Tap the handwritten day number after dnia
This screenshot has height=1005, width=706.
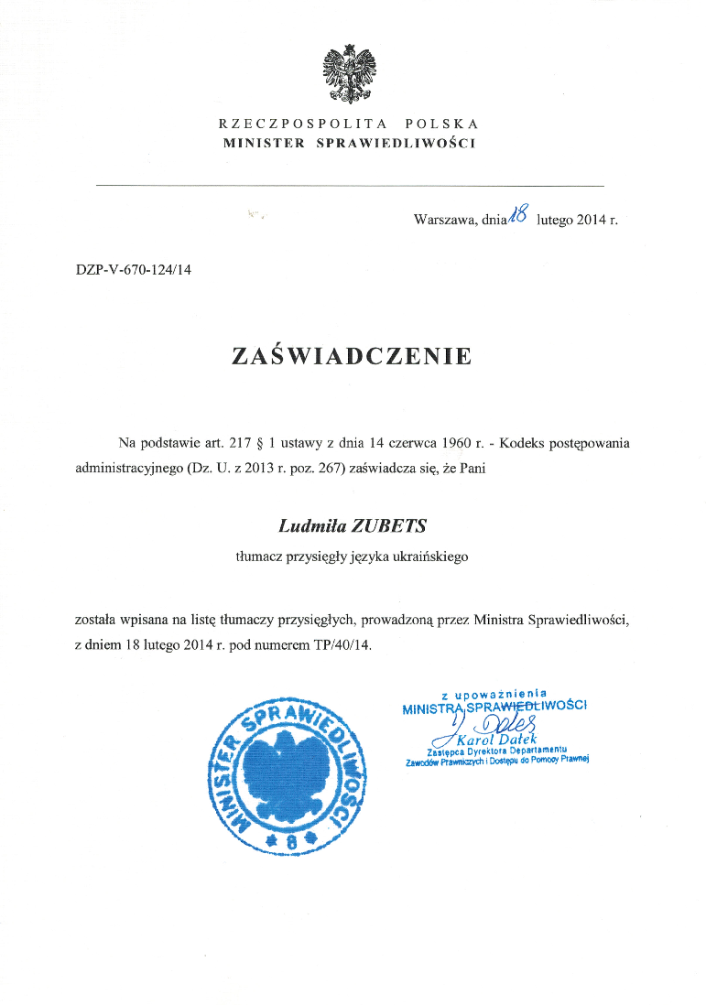point(519,215)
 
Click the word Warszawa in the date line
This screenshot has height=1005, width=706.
point(444,220)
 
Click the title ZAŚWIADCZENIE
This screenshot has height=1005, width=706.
point(353,356)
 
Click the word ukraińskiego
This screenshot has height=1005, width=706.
point(430,557)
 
